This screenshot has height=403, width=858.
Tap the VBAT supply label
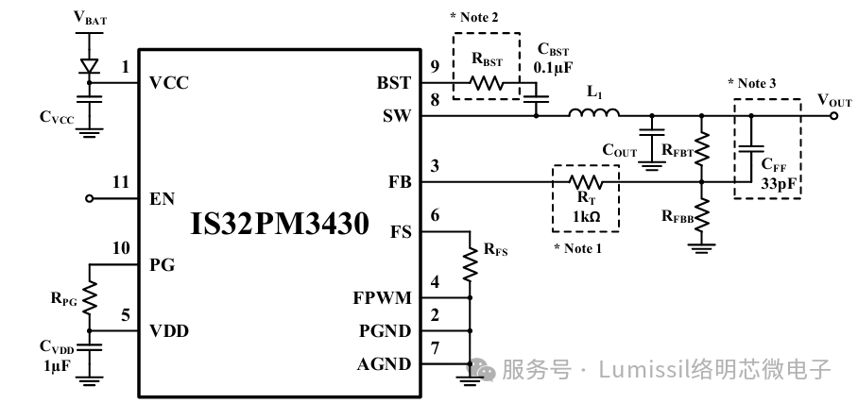click(90, 17)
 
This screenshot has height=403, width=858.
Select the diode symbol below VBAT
click(91, 67)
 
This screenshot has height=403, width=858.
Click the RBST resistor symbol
click(488, 83)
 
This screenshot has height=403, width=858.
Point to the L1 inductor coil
click(594, 114)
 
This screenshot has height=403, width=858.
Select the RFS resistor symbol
click(469, 264)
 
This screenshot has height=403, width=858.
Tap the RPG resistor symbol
click(90, 299)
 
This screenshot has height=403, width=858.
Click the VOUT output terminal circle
click(832, 116)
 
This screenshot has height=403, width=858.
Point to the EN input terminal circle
click(90, 199)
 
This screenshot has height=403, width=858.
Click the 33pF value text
click(780, 183)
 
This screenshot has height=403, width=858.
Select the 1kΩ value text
click(585, 215)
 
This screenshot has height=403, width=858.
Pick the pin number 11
click(118, 181)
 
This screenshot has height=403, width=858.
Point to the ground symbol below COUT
click(650, 165)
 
